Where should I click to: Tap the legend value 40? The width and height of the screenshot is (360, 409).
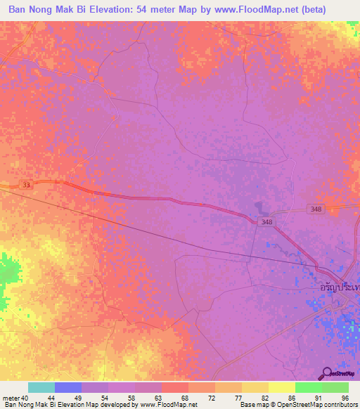(25, 398)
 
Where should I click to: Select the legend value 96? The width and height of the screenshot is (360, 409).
(345, 398)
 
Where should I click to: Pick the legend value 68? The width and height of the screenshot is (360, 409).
(185, 398)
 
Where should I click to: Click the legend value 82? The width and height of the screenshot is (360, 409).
(265, 398)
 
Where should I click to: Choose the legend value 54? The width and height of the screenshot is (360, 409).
(105, 398)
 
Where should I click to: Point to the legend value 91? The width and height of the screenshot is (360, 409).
(319, 398)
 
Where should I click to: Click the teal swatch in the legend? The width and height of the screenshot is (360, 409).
(41, 387)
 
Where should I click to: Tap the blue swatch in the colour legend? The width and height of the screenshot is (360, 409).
(68, 387)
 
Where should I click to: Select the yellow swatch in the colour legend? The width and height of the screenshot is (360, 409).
(281, 387)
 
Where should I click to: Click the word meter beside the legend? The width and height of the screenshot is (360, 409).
(11, 398)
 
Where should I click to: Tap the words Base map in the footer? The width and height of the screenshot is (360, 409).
(254, 405)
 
